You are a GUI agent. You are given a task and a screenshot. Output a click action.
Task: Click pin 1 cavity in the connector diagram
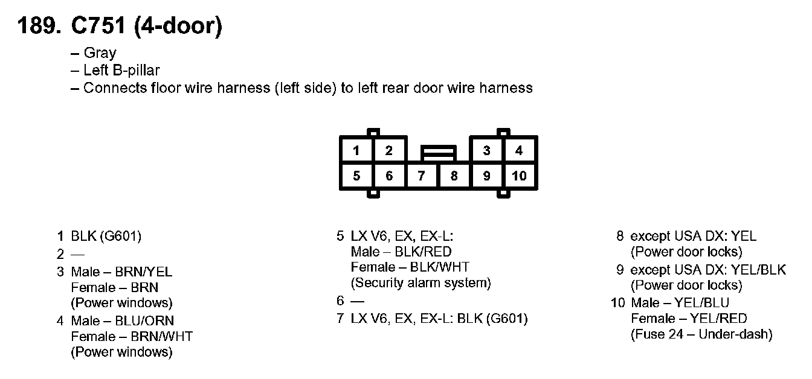[x=356, y=150]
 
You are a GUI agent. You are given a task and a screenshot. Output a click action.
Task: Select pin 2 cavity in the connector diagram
[x=389, y=150]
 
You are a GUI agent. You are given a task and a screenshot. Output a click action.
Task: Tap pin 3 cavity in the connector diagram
[x=486, y=150]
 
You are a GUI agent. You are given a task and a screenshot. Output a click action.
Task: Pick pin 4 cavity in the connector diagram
[x=519, y=150]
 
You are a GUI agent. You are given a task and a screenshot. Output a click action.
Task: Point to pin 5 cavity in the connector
[x=356, y=176]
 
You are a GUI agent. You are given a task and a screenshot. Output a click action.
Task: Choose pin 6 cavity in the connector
[x=389, y=176]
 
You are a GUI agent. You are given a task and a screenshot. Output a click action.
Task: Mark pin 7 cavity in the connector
[x=422, y=176]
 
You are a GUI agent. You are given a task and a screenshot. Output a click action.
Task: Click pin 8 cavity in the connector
[x=454, y=176]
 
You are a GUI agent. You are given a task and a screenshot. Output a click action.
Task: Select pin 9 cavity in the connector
[x=486, y=176]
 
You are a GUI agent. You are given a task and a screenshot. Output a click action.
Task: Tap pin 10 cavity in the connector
[x=519, y=176]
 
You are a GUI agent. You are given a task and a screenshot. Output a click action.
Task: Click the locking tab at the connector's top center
[x=439, y=153]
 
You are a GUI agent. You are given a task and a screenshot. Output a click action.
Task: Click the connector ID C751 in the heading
[x=98, y=26]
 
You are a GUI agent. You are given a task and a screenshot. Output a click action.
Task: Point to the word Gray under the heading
[x=100, y=53]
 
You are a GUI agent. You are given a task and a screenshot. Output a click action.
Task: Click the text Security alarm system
[x=421, y=282]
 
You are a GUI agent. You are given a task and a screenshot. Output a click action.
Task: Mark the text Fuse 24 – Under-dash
[x=701, y=334]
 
